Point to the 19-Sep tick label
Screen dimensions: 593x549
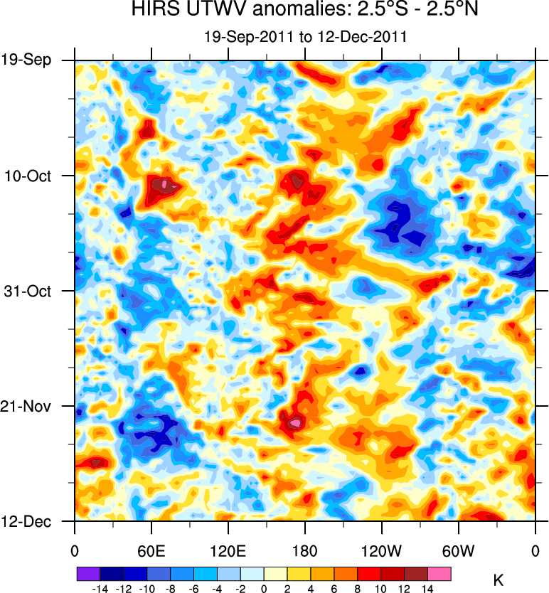tap(28, 60)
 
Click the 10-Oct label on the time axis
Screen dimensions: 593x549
tap(29, 176)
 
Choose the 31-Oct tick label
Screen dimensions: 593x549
tap(29, 291)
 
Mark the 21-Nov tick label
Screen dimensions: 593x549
tap(29, 407)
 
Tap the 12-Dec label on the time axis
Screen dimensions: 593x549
tap(28, 522)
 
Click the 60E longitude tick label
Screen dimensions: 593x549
tap(151, 550)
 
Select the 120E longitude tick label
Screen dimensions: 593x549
tap(228, 550)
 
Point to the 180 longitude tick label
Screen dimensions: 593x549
tap(304, 550)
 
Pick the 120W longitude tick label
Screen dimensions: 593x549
tap(381, 550)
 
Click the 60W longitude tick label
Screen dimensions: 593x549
tap(458, 550)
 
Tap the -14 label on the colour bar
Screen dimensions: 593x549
tap(100, 589)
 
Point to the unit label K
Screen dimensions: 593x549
tap(498, 580)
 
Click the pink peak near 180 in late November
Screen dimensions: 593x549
tap(294, 423)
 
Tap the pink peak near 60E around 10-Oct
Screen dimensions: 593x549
tap(164, 185)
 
